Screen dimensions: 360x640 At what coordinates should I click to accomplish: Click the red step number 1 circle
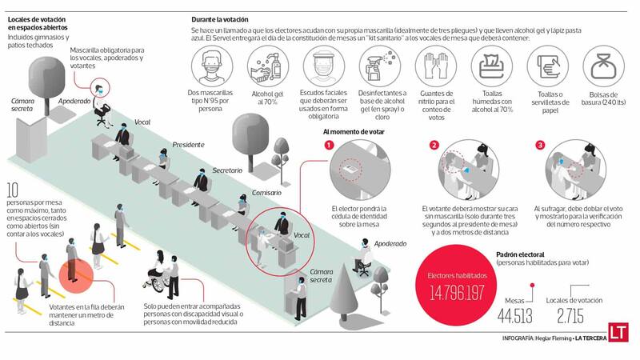pos(328,145)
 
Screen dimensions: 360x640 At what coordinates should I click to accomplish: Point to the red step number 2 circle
pos(434,145)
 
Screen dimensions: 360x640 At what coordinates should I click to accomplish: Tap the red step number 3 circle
pos(539,145)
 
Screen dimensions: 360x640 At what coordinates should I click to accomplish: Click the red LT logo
pos(616,332)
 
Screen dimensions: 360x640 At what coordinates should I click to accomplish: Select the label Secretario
pos(228,170)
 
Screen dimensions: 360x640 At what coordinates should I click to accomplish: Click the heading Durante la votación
pos(220,19)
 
